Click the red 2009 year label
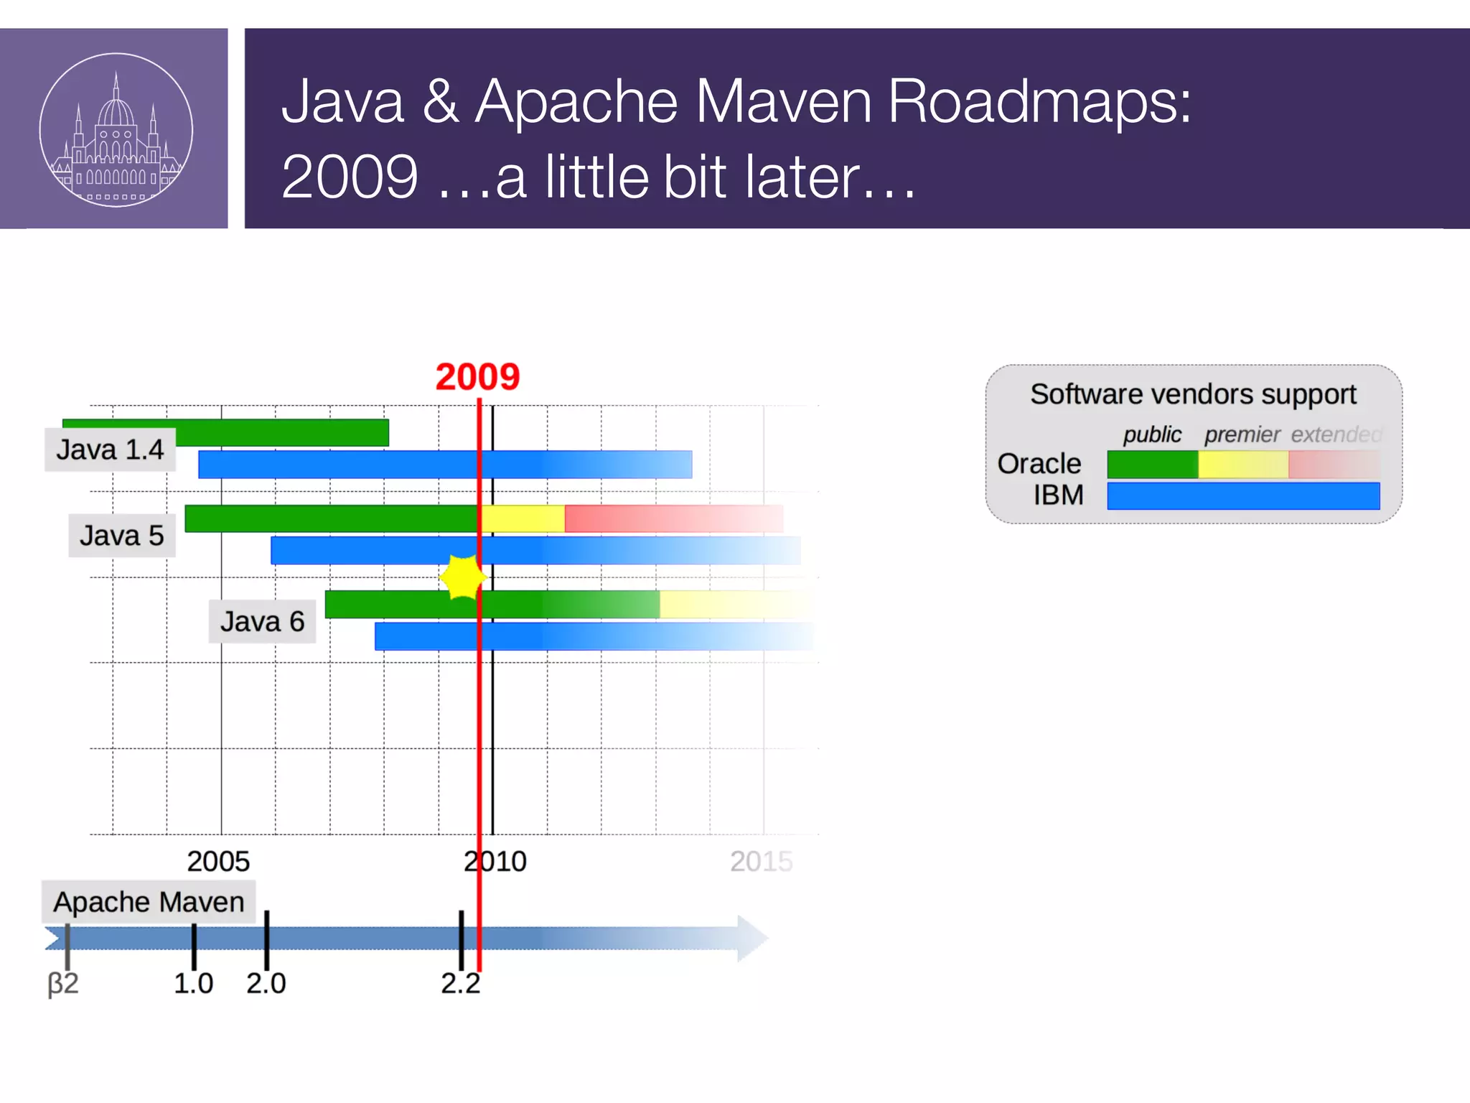coord(477,377)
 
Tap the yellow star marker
coord(463,577)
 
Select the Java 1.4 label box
coord(110,450)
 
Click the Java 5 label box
coord(121,536)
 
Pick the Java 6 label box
coord(262,621)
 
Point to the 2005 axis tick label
coord(218,861)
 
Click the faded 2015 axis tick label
coord(761,861)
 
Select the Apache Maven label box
coord(149,902)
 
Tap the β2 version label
coord(63,983)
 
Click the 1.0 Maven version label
coord(193,983)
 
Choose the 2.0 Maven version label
coord(266,983)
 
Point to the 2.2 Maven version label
coord(460,983)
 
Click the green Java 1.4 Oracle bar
coord(287,432)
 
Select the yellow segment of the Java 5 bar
coord(523,518)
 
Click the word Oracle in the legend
coord(1039,464)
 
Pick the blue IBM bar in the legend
coord(1242,496)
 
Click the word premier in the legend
coord(1242,434)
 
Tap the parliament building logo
coord(116,130)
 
